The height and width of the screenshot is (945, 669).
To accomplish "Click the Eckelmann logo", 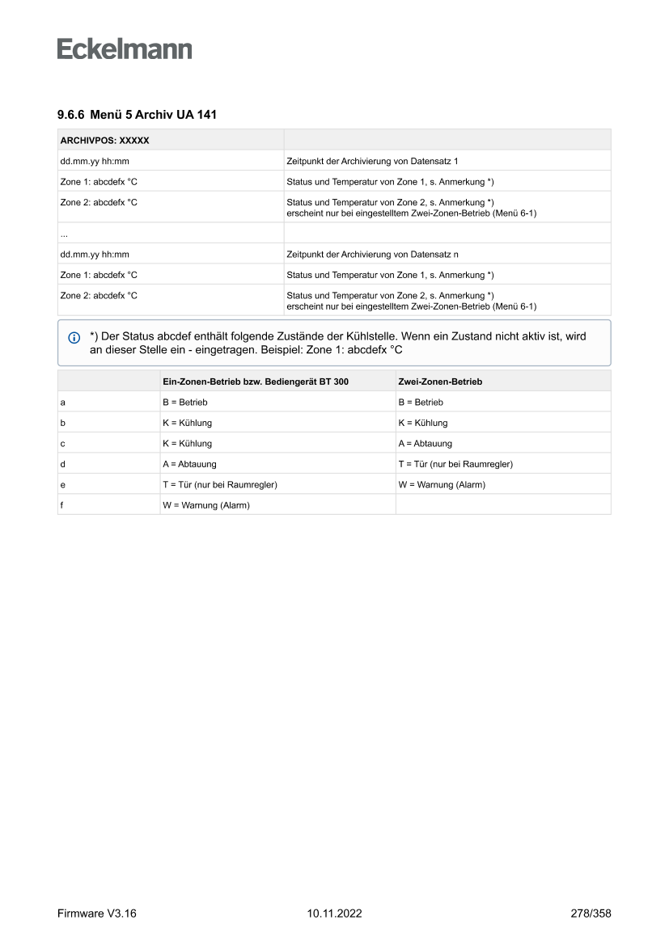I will click(x=125, y=49).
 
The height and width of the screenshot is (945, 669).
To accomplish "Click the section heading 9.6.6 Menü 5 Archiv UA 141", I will click(x=137, y=115).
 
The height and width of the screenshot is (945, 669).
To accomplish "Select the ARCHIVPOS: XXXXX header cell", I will click(x=104, y=140).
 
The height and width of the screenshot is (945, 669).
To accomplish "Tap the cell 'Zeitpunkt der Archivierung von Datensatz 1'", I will click(x=372, y=161).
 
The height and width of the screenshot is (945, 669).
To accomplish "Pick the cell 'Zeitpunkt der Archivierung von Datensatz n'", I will click(x=373, y=254).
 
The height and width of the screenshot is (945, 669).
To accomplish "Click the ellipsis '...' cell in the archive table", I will click(x=64, y=234).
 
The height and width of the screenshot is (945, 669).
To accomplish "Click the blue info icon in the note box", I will click(x=74, y=337).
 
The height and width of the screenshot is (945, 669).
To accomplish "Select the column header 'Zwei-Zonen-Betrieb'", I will click(x=440, y=382).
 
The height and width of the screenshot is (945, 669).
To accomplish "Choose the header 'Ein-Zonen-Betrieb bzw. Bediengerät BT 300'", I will click(x=256, y=382).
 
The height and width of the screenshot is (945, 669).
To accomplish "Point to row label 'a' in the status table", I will click(x=63, y=402).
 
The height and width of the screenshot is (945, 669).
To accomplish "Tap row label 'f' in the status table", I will click(x=62, y=505).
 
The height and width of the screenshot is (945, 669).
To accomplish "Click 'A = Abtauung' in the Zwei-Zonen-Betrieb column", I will click(x=426, y=443).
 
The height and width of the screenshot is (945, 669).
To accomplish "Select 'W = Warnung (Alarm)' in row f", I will click(x=206, y=505).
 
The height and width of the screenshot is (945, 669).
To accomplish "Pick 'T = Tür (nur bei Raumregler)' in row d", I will click(x=455, y=464).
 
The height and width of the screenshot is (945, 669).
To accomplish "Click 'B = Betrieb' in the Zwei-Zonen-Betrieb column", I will click(x=421, y=402).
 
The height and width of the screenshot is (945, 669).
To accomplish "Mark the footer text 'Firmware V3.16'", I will click(x=96, y=913).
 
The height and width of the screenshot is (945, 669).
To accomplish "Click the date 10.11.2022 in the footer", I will click(x=334, y=913).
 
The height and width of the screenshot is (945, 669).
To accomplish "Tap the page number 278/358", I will click(x=591, y=913).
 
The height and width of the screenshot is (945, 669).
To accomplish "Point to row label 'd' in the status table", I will click(x=63, y=464).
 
